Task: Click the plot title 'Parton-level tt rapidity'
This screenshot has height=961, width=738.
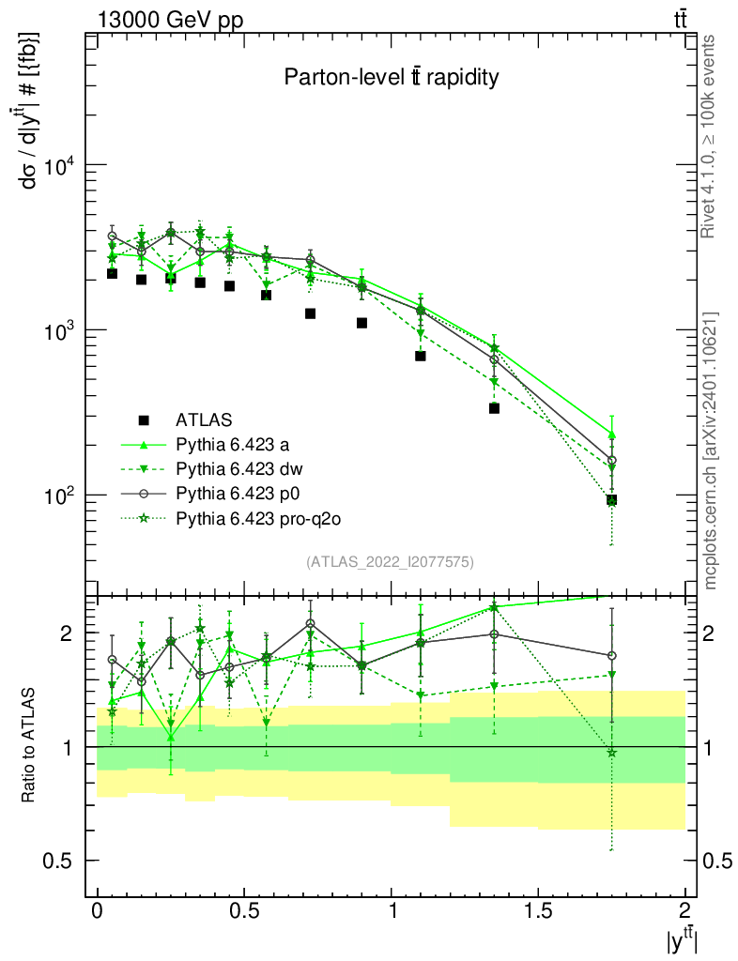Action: tap(392, 78)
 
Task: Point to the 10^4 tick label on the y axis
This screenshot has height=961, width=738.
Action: tap(56, 165)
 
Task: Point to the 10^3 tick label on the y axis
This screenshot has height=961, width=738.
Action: tap(56, 330)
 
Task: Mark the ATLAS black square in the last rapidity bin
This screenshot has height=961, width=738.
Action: tap(611, 500)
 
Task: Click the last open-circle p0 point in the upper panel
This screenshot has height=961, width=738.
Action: tap(611, 461)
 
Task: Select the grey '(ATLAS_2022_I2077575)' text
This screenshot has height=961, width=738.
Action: tap(390, 562)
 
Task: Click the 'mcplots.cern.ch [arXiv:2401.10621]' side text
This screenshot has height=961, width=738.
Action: tap(711, 450)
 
